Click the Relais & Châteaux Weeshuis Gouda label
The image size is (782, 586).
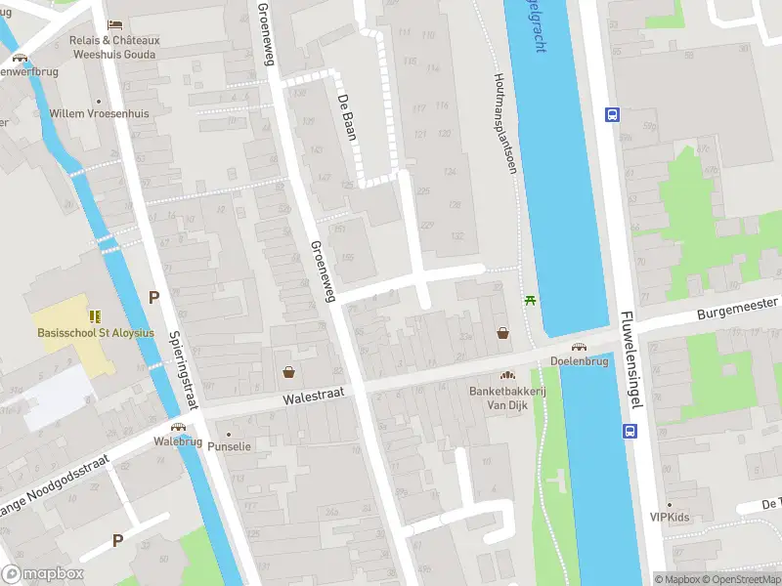[114, 47]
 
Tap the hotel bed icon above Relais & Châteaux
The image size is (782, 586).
[115, 23]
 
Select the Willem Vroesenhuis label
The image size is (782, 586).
[100, 113]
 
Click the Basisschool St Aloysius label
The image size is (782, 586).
[96, 332]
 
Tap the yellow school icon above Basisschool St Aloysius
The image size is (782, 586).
[96, 315]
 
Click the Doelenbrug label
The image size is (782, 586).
[580, 360]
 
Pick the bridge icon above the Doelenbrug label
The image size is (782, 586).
[579, 346]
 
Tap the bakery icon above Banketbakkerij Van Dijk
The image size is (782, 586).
[506, 376]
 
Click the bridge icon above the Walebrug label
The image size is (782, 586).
[178, 427]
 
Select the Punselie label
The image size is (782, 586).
[230, 446]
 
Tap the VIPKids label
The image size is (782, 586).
[670, 517]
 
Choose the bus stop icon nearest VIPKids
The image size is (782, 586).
[628, 431]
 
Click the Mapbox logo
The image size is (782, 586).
[43, 574]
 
